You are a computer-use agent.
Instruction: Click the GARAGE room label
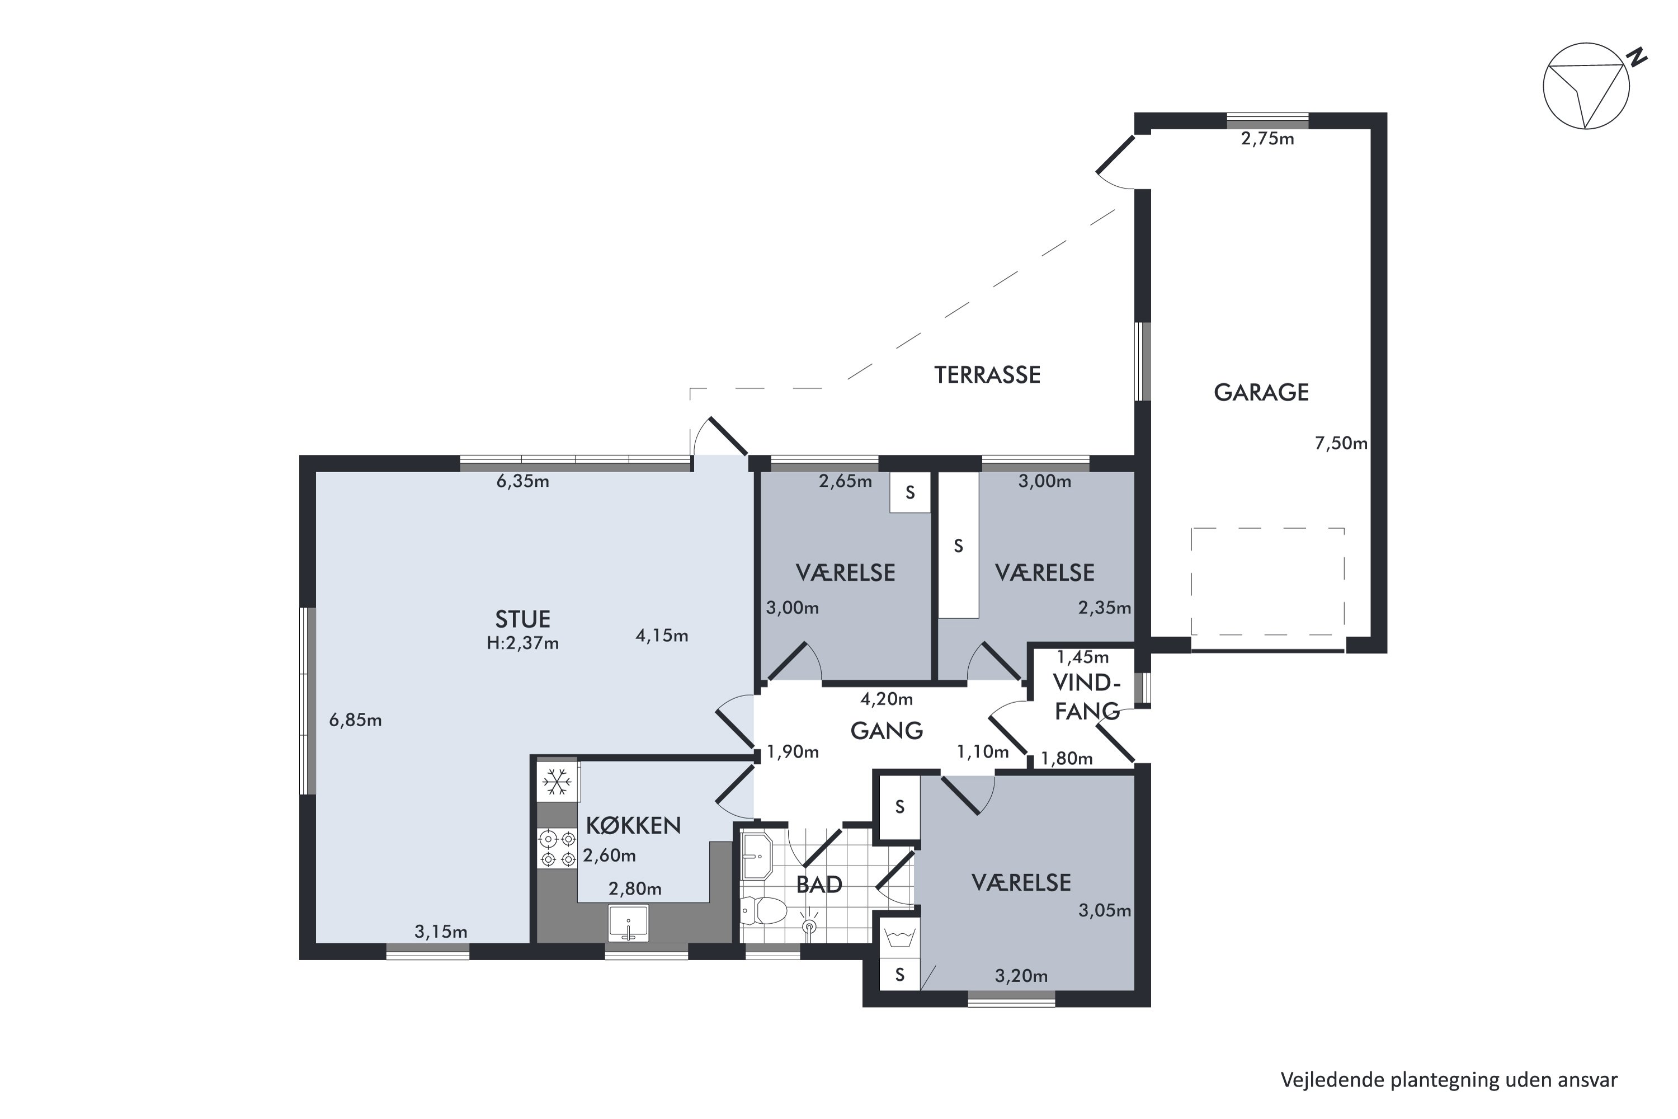[1261, 393]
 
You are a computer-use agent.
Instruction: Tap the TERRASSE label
[987, 375]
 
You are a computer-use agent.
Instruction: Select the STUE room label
[522, 619]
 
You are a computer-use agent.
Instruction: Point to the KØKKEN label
[633, 826]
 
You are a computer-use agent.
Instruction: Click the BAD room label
[819, 885]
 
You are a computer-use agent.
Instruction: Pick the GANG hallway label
[887, 731]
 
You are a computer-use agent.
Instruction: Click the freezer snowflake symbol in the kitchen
[557, 782]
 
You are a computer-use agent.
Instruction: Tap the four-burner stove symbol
[558, 849]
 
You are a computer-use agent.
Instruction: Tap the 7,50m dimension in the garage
[1341, 443]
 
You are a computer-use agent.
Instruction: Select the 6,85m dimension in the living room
[355, 721]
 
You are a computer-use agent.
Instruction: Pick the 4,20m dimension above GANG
[886, 699]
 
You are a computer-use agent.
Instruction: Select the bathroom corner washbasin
[756, 857]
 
